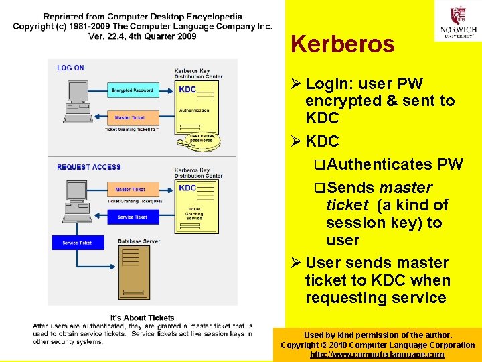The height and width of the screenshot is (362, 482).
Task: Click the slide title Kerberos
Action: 342,45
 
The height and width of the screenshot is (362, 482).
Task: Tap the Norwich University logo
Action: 458,21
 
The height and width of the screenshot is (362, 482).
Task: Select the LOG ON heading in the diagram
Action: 70,68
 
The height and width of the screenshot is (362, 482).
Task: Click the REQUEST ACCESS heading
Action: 89,167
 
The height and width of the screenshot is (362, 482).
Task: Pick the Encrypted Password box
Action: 133,90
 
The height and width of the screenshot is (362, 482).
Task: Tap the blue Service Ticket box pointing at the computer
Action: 133,217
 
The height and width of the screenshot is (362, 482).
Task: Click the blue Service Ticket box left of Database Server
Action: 77,243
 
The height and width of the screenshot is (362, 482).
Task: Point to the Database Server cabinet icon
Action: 134,272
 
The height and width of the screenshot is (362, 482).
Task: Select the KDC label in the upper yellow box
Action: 188,90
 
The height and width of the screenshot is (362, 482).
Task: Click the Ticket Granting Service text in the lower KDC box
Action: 194,214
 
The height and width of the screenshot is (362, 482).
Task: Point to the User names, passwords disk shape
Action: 202,139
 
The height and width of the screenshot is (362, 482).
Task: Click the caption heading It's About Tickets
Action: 142,318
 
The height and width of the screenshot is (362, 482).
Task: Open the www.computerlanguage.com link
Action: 377,355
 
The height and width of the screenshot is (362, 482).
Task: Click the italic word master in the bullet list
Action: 405,188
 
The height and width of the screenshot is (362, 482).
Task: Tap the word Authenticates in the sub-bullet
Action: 380,164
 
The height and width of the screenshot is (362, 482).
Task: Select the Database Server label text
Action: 139,241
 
